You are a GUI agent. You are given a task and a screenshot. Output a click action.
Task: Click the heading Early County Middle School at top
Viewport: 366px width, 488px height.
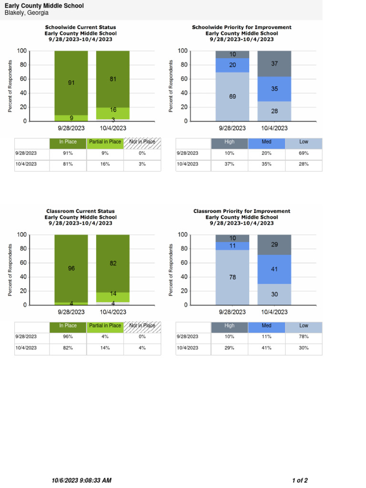(44, 6)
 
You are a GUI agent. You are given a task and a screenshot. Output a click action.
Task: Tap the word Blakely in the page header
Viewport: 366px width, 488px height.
(15, 13)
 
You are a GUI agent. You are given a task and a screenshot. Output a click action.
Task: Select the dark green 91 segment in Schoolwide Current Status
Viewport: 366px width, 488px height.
(71, 82)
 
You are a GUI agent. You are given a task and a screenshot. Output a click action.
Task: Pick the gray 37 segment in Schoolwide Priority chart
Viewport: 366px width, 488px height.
(274, 64)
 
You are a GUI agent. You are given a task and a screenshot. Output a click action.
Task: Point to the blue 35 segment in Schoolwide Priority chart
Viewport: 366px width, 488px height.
(274, 89)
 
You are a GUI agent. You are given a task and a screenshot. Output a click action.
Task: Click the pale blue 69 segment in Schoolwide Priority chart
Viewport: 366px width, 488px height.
(232, 97)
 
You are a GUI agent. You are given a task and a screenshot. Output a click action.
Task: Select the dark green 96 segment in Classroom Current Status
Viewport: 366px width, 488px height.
(71, 268)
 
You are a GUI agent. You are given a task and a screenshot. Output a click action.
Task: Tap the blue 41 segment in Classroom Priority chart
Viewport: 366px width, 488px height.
(274, 269)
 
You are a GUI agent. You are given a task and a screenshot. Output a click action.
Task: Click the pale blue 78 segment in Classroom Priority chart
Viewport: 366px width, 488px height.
(232, 277)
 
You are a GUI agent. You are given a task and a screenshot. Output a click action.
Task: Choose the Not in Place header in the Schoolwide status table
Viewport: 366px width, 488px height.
(142, 142)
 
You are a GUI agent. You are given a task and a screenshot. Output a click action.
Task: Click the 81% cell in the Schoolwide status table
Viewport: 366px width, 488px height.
(68, 164)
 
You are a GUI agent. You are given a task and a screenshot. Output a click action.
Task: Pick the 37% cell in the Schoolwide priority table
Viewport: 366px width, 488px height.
(229, 164)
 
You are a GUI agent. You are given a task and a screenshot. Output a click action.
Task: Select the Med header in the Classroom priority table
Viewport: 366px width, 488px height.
(266, 326)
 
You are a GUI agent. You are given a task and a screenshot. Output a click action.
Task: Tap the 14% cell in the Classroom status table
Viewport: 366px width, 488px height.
(105, 348)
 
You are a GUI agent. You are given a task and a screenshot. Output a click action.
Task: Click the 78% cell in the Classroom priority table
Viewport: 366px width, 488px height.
(304, 337)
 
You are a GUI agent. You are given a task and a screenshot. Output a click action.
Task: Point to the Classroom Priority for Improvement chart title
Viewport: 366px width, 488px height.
(242, 211)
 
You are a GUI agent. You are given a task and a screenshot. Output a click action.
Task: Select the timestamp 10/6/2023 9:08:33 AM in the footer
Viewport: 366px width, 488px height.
(81, 480)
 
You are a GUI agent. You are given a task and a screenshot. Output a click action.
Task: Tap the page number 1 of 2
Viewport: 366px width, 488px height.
(300, 480)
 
